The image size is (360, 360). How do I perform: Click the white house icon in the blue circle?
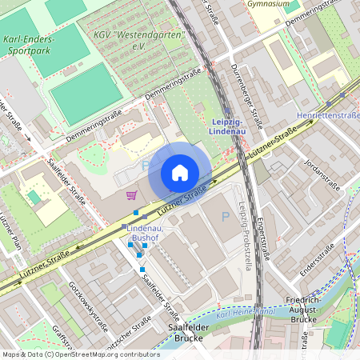pyautogui.click(x=180, y=173)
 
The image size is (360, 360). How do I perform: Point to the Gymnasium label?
pyautogui.click(x=268, y=4)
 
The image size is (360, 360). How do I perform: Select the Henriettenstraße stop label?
pyautogui.click(x=328, y=116)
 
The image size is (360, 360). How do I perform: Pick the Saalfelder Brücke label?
pyautogui.click(x=178, y=332)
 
